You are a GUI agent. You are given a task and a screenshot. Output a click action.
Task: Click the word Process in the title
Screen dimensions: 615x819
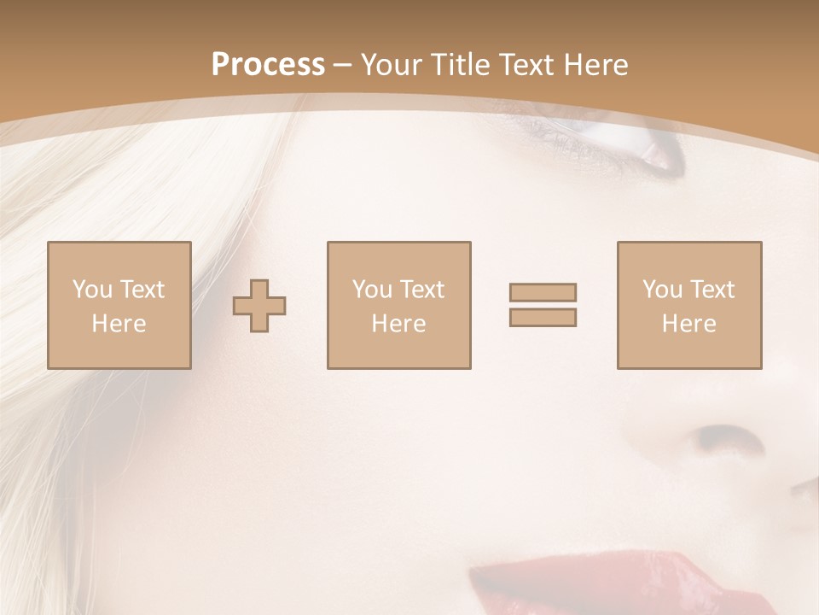point(268,65)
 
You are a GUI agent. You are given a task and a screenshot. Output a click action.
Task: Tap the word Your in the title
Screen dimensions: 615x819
point(392,65)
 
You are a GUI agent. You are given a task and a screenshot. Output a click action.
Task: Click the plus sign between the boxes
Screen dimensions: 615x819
point(259,305)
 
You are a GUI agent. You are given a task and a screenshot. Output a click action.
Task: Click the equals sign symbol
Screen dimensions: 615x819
point(543,305)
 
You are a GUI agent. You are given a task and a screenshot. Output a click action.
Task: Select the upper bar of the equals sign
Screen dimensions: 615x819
point(543,292)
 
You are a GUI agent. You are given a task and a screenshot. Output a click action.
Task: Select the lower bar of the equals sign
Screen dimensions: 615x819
point(543,317)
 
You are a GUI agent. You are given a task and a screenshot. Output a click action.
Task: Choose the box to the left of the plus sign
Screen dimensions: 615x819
point(119,305)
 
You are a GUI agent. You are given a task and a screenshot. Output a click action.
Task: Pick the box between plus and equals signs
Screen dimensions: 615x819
point(398,305)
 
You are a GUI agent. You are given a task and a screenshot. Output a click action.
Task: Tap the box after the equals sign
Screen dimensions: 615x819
point(689,305)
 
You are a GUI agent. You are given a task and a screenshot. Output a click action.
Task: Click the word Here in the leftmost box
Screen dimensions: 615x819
point(119,324)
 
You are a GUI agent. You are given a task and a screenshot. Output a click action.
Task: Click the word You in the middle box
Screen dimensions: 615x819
point(372,290)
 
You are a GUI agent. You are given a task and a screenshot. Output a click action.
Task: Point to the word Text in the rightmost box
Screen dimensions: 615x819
point(713,290)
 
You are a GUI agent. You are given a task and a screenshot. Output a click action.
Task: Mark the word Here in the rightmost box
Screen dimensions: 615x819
point(688,324)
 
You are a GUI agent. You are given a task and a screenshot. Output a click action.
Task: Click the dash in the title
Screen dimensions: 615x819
point(342,65)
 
